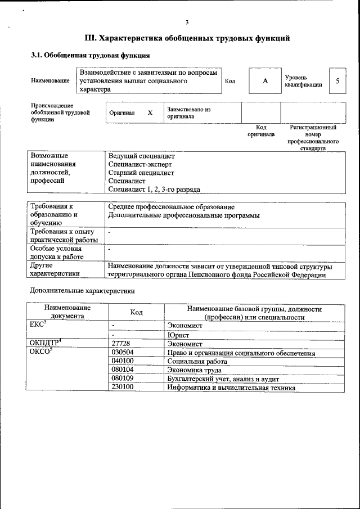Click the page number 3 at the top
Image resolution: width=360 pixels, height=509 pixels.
tap(187, 22)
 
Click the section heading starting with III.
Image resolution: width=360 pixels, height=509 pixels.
tap(187, 38)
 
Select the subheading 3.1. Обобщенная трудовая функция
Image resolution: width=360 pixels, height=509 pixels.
tap(90, 56)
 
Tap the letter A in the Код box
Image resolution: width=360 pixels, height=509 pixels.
tap(265, 81)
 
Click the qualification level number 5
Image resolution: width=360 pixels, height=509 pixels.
tap(337, 81)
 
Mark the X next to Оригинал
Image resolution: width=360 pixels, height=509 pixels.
tap(150, 112)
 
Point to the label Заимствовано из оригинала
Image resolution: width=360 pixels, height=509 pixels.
tap(188, 112)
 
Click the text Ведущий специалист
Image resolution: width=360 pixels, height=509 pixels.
tap(141, 156)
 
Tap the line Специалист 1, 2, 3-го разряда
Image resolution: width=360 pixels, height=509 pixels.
tap(154, 190)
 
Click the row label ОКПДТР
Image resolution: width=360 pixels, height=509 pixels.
tap(44, 343)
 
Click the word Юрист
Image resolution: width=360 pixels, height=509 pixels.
tap(178, 335)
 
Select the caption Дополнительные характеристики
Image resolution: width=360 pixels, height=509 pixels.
tap(82, 291)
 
